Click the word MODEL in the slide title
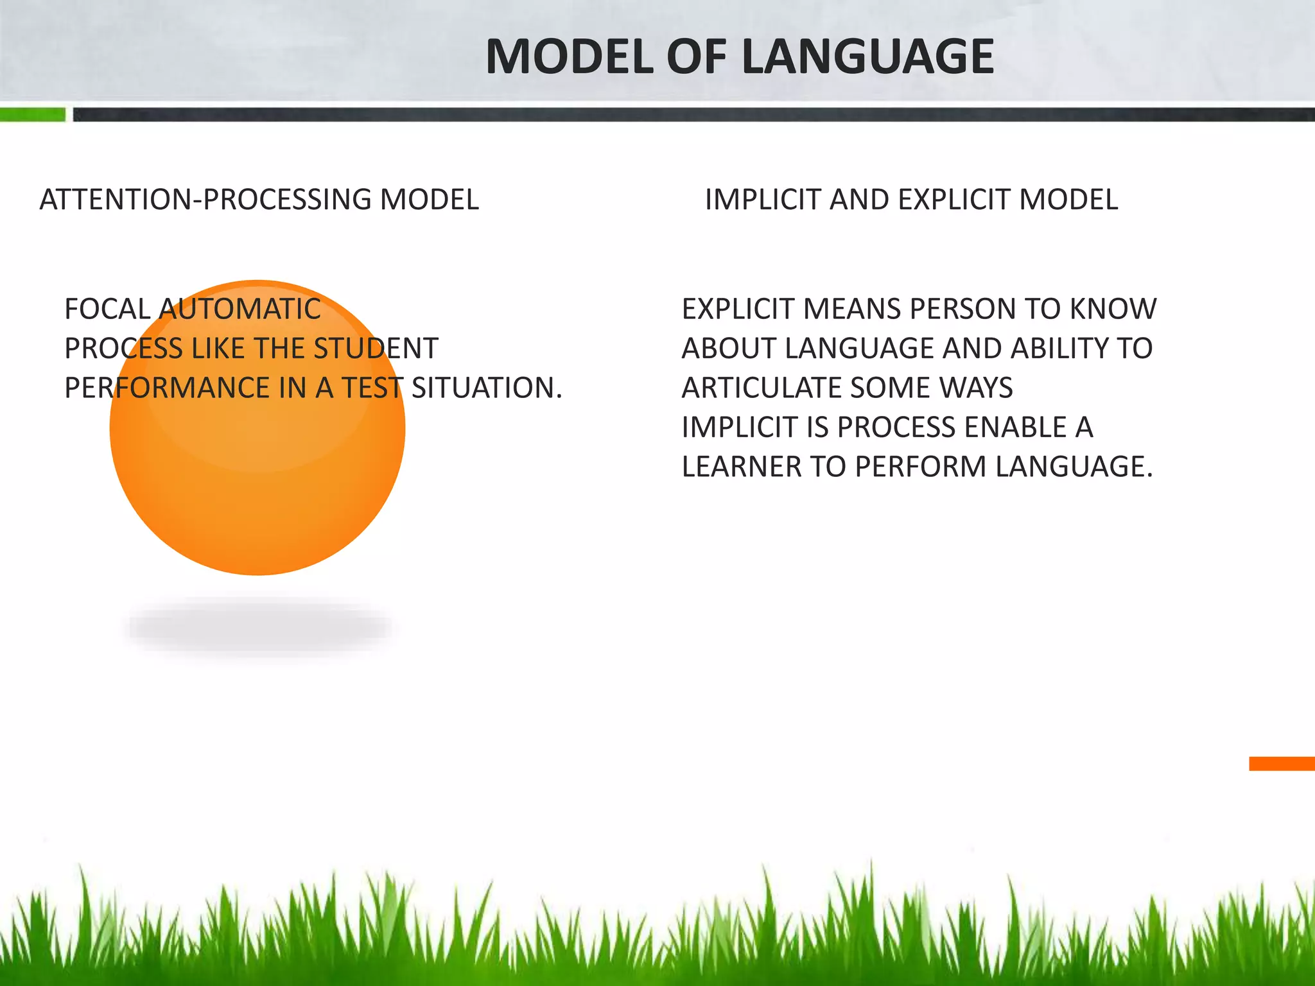tap(569, 57)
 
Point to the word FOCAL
tap(107, 309)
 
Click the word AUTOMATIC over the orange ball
tap(240, 309)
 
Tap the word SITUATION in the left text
tap(486, 388)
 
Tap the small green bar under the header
tap(32, 115)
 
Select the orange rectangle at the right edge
tap(1282, 763)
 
